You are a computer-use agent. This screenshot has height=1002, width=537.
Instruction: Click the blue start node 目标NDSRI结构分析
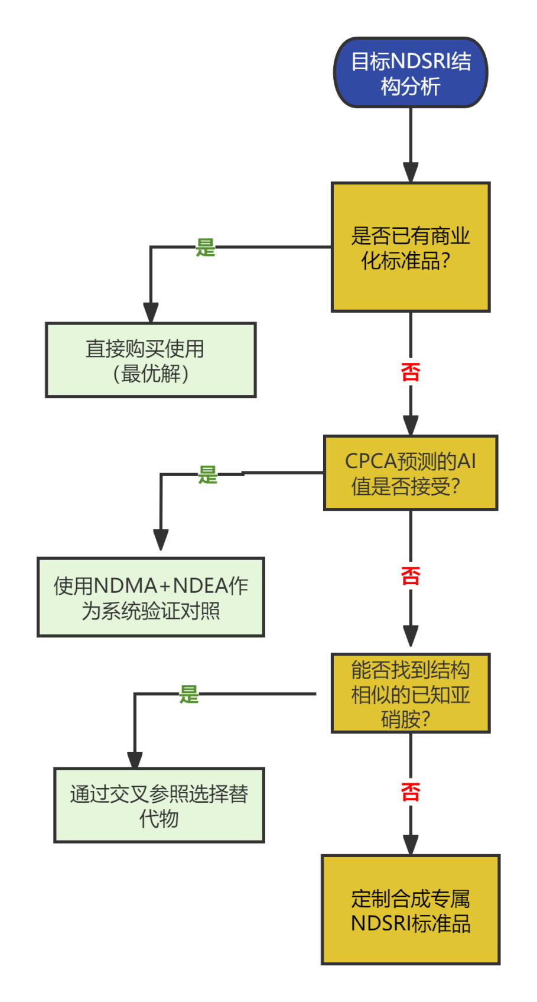click(411, 73)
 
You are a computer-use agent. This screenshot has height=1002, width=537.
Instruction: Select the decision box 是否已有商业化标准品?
click(411, 247)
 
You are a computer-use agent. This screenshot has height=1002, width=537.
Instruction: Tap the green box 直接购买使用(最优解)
click(151, 360)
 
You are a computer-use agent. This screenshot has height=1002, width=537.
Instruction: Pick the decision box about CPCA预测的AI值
click(411, 473)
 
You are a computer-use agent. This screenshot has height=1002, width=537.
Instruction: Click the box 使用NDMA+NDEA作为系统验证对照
click(151, 597)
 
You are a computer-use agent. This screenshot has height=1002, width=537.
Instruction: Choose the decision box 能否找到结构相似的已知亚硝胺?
click(411, 693)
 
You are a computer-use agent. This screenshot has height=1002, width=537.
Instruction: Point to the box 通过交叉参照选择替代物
click(159, 805)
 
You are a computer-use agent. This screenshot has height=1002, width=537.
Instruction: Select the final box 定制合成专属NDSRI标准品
click(411, 910)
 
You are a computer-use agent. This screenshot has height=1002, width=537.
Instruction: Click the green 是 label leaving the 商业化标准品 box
click(206, 248)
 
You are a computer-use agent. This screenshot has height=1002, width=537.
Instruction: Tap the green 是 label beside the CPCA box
click(208, 475)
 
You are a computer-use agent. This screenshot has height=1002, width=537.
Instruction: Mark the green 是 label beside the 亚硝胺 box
click(189, 695)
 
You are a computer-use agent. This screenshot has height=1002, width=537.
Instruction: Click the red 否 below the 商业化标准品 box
click(411, 372)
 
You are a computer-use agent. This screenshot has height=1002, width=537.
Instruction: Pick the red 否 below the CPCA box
click(411, 576)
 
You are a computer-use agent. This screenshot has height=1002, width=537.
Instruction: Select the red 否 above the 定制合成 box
click(411, 792)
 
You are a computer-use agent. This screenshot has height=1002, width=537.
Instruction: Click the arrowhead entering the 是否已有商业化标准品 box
click(411, 173)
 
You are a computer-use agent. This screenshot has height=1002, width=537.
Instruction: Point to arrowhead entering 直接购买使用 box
click(151, 313)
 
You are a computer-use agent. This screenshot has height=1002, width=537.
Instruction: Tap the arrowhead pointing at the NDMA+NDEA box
click(161, 540)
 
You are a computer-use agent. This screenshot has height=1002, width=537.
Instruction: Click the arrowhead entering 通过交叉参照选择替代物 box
click(135, 760)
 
